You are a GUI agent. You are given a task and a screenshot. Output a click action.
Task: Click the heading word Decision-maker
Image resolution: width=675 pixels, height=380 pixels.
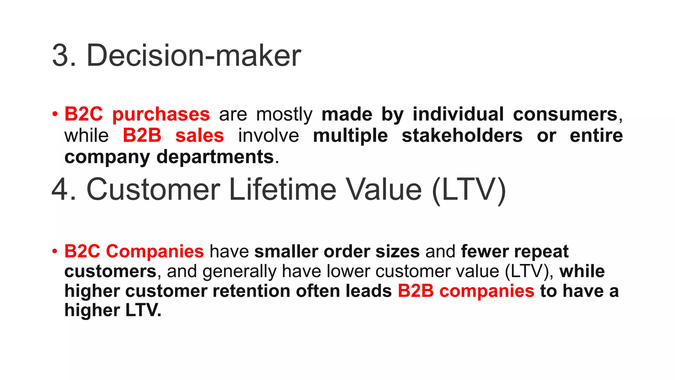pyautogui.click(x=193, y=55)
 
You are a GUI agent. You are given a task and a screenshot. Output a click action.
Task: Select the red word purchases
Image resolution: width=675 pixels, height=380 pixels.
pyautogui.click(x=161, y=114)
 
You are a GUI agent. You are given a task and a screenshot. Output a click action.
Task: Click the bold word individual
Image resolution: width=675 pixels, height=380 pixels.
pyautogui.click(x=458, y=114)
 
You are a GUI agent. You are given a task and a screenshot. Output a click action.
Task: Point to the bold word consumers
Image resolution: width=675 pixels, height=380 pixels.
pyautogui.click(x=565, y=114)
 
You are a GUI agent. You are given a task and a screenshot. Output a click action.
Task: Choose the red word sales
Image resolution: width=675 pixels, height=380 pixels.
pyautogui.click(x=200, y=136)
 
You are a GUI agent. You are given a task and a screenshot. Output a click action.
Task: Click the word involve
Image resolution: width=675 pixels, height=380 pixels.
pyautogui.click(x=269, y=136)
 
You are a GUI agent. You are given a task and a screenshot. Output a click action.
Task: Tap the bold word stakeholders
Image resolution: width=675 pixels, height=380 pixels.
pyautogui.click(x=462, y=136)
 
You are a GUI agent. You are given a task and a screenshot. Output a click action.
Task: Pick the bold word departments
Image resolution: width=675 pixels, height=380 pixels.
pyautogui.click(x=215, y=157)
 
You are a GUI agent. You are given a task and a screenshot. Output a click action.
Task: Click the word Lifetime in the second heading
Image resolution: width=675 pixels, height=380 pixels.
pyautogui.click(x=282, y=190)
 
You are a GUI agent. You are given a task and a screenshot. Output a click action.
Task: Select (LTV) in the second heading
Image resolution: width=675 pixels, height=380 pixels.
pyautogui.click(x=469, y=190)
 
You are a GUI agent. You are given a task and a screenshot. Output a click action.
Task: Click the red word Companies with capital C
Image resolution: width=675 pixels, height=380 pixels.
pyautogui.click(x=155, y=251)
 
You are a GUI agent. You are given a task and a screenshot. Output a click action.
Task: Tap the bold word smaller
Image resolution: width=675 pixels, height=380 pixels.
pyautogui.click(x=286, y=251)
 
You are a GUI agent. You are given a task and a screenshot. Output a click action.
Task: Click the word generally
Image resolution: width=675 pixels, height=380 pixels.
pyautogui.click(x=239, y=271)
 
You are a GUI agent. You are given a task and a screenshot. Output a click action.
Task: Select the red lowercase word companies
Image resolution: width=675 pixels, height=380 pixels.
pyautogui.click(x=486, y=291)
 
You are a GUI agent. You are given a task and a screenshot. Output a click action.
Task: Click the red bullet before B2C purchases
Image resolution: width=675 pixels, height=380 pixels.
pyautogui.click(x=55, y=115)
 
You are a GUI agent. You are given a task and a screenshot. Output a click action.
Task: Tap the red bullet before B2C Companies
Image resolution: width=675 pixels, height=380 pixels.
pyautogui.click(x=55, y=252)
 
